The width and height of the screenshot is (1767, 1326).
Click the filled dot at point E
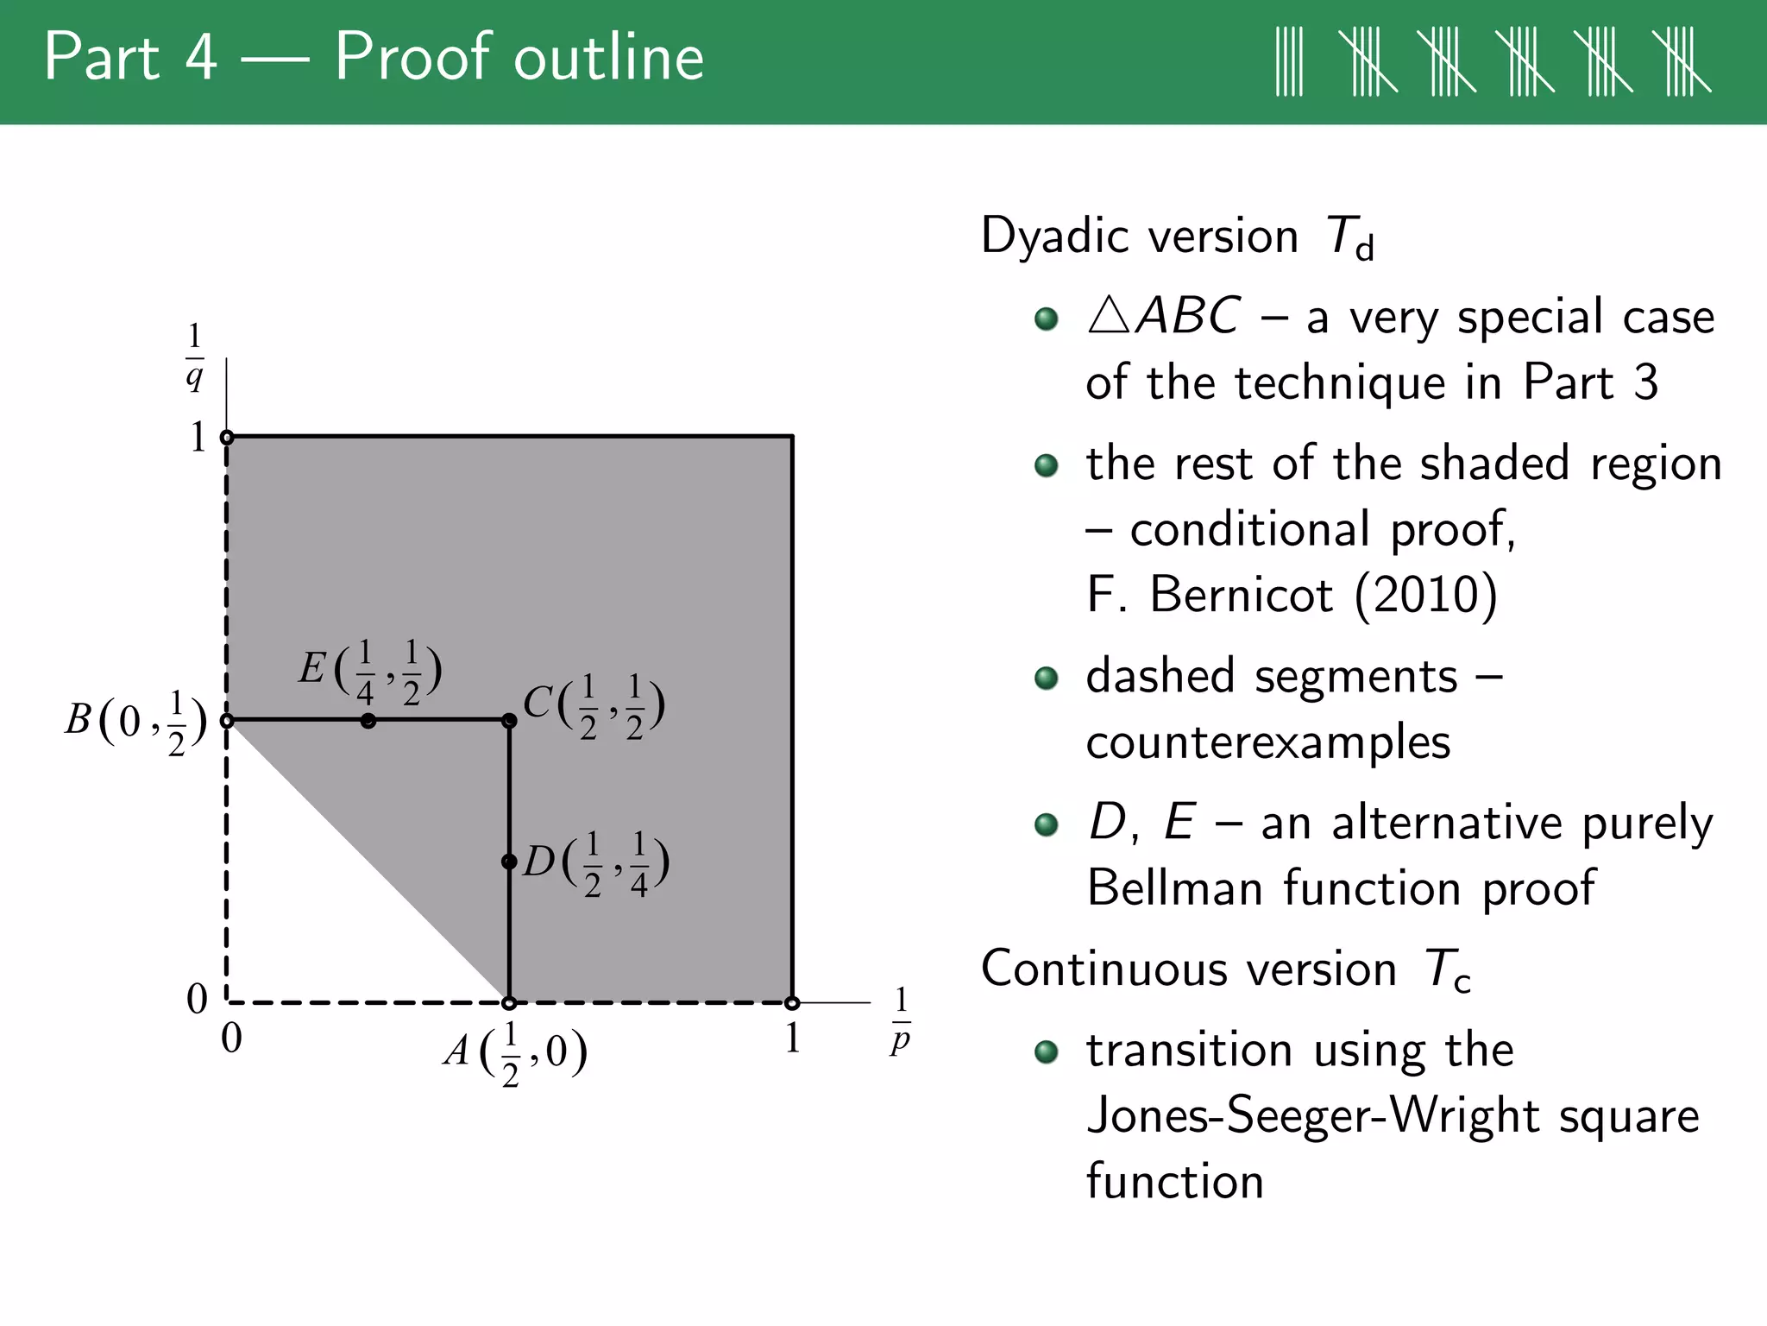[368, 720]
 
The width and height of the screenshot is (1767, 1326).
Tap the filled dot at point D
[509, 862]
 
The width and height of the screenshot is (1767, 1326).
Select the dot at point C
[509, 720]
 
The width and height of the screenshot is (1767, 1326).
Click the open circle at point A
[509, 1003]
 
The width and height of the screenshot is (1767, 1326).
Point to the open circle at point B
[227, 720]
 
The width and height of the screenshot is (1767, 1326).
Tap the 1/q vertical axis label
[195, 356]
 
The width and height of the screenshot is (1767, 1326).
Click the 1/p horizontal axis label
[901, 1020]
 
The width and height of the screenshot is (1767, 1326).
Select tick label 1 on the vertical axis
[198, 437]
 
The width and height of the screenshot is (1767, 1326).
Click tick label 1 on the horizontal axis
[792, 1038]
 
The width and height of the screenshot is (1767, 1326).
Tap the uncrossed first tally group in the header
[1289, 60]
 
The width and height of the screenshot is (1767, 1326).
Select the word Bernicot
[1242, 595]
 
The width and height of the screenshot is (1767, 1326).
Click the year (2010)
[1425, 595]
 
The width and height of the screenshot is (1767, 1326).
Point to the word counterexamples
[1268, 742]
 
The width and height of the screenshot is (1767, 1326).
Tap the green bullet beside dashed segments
[1046, 679]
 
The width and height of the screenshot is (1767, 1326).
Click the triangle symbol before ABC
[1109, 317]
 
